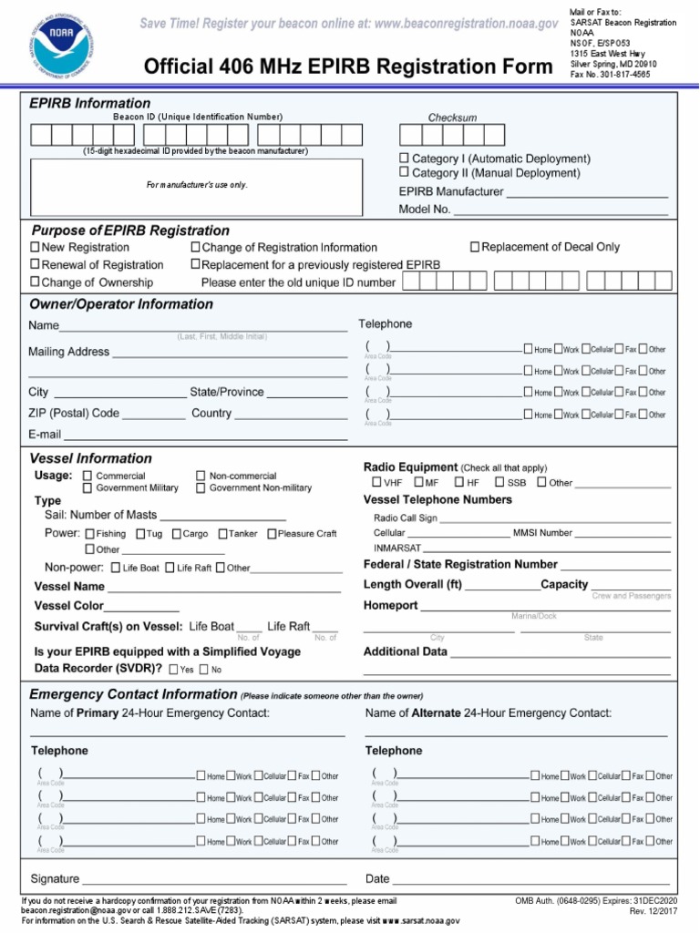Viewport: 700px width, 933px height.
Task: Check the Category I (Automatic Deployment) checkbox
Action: click(404, 159)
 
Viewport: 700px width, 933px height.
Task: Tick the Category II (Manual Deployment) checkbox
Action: click(404, 173)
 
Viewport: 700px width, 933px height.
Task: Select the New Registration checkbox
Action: click(36, 247)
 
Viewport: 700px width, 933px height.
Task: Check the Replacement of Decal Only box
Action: click(475, 247)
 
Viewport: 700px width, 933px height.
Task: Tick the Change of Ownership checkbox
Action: click(36, 282)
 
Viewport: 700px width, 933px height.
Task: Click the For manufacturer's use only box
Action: click(197, 185)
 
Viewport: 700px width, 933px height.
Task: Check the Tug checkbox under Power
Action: click(140, 534)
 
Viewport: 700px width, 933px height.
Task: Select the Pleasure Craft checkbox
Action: click(272, 534)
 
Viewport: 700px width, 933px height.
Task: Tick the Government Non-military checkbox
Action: click(201, 488)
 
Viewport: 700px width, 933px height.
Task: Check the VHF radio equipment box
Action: click(376, 483)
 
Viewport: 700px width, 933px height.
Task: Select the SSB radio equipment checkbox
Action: click(499, 483)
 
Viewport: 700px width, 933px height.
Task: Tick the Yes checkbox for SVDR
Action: click(173, 670)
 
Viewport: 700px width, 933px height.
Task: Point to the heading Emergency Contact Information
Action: click(134, 694)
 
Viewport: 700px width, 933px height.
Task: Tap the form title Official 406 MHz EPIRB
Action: click(347, 67)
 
